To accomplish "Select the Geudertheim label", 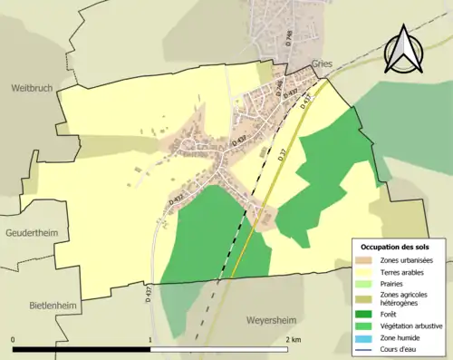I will (33, 233).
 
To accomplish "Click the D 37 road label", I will (283, 155).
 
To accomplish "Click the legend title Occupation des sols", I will (397, 247).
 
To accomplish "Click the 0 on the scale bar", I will (14, 339).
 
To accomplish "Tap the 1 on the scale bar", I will (149, 339).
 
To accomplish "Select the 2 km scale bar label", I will (293, 339).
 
